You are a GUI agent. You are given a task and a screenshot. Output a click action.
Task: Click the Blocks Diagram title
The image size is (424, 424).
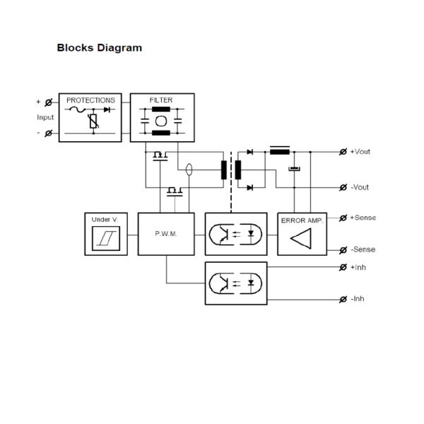[99, 48]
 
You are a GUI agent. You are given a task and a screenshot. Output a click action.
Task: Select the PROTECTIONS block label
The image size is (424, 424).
[90, 100]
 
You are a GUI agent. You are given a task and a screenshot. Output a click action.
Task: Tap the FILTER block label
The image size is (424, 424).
[162, 100]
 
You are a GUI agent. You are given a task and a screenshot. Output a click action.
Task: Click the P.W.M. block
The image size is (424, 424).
[165, 233]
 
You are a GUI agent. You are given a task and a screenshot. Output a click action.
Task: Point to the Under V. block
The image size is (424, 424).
[105, 233]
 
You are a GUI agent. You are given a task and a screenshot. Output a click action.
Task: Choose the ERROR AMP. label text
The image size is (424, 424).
[302, 220]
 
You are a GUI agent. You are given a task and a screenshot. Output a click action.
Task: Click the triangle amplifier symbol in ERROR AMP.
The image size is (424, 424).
[302, 240]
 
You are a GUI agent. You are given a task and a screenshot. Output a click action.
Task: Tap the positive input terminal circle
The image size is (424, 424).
[48, 102]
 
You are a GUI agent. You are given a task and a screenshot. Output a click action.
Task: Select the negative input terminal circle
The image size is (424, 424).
[48, 133]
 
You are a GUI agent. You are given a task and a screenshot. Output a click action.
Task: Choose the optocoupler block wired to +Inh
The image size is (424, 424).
[236, 283]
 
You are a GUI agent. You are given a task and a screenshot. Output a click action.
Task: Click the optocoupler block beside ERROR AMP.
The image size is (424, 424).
[236, 234]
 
